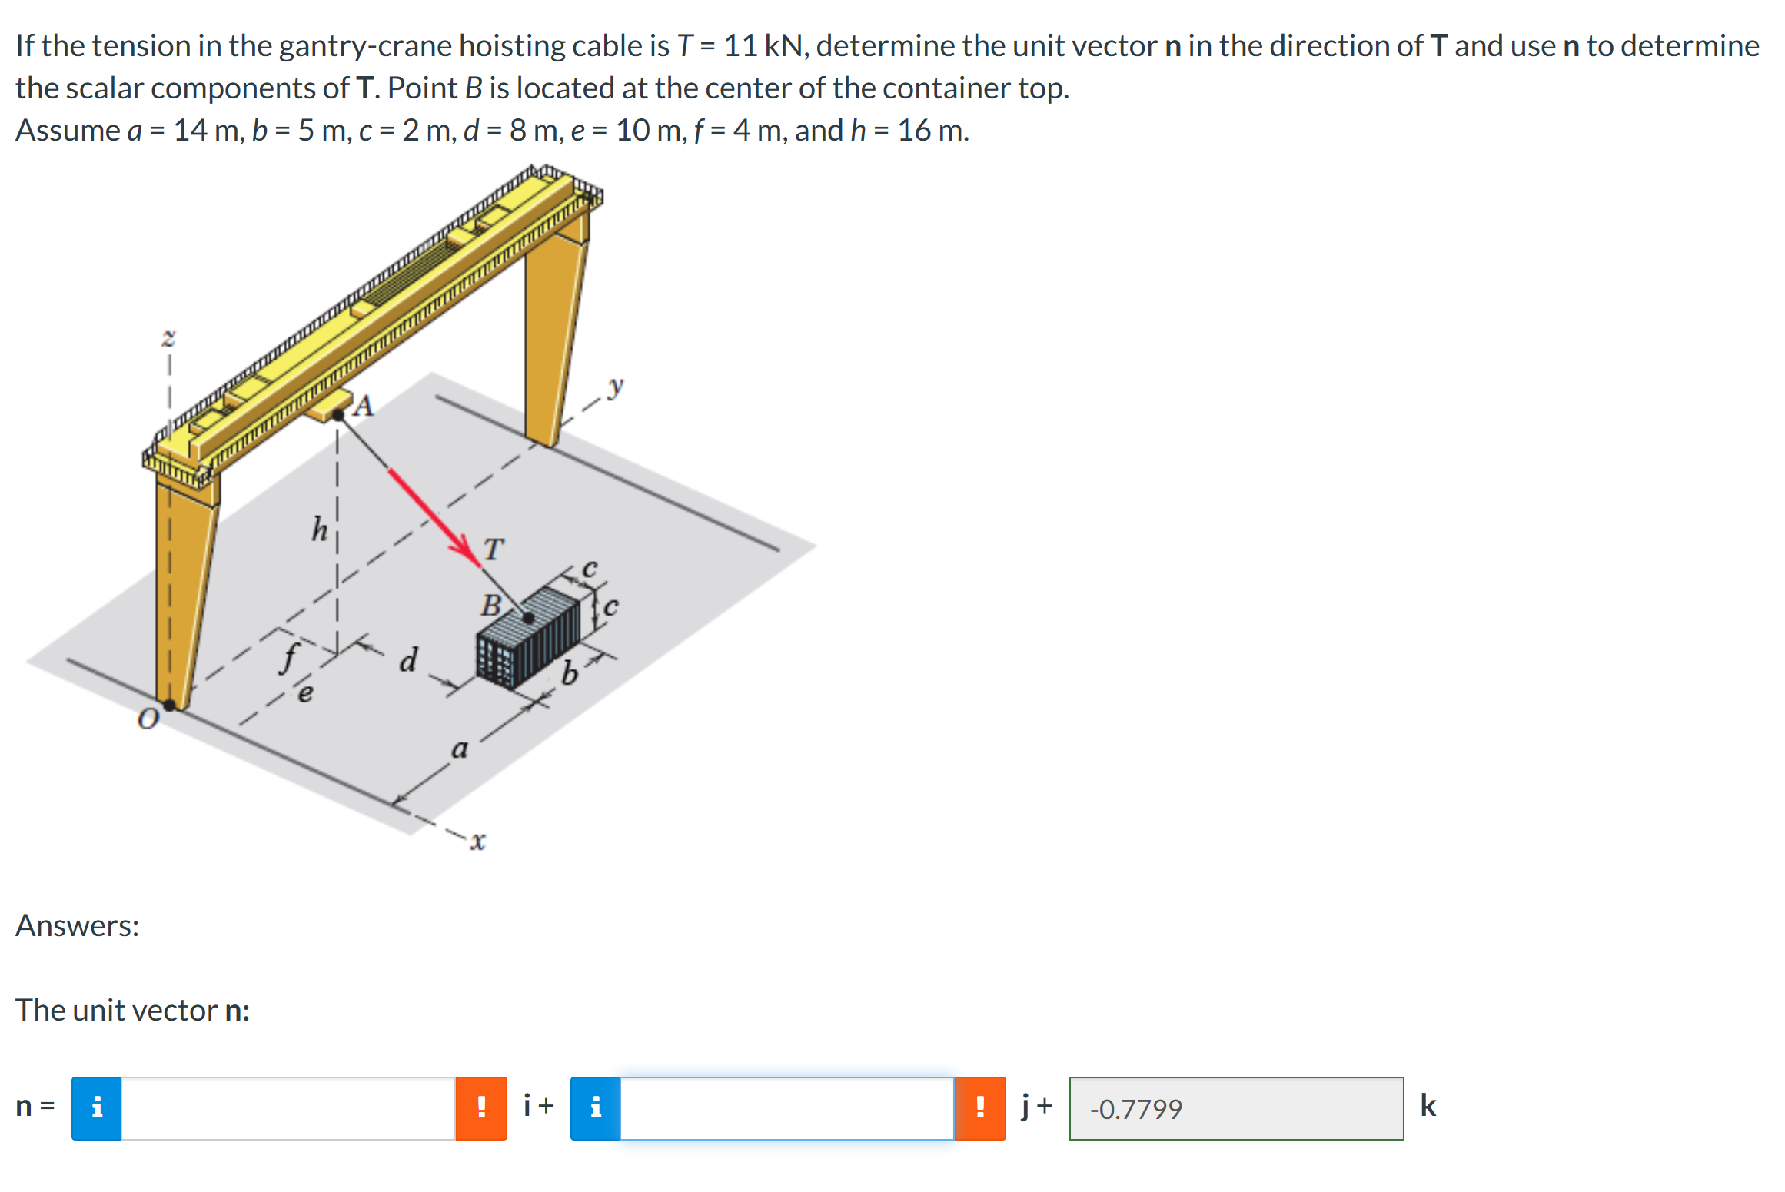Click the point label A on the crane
coord(364,406)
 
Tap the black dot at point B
coord(528,617)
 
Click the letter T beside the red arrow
coord(494,550)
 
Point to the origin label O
coord(148,719)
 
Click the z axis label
coord(168,337)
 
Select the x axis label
coord(477,842)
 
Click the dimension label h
coord(319,530)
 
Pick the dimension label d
coord(409,659)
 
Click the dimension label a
coord(459,748)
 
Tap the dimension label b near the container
coord(569,674)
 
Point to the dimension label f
coord(290,658)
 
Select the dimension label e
coord(305,694)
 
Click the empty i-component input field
coord(288,1108)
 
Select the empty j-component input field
coord(786,1108)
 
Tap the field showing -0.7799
coord(1235,1108)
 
